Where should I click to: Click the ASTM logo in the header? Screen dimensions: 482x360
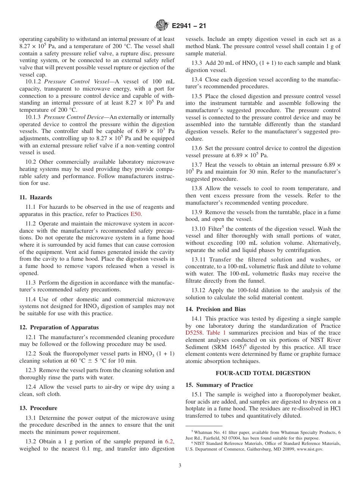[162, 26]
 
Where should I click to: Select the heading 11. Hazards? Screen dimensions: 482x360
[36, 197]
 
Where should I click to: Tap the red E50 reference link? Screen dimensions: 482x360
[136, 214]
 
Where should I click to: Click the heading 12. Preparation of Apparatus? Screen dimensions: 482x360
[59, 327]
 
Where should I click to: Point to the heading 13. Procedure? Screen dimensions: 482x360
[38, 408]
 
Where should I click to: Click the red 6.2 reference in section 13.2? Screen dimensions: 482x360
[169, 441]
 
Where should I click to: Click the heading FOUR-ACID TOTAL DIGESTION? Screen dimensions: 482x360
[263, 373]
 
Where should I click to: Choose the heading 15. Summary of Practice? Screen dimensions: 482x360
[219, 385]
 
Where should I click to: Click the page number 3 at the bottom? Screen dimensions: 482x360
[180, 466]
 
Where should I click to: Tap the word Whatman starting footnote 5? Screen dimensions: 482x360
[203, 432]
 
